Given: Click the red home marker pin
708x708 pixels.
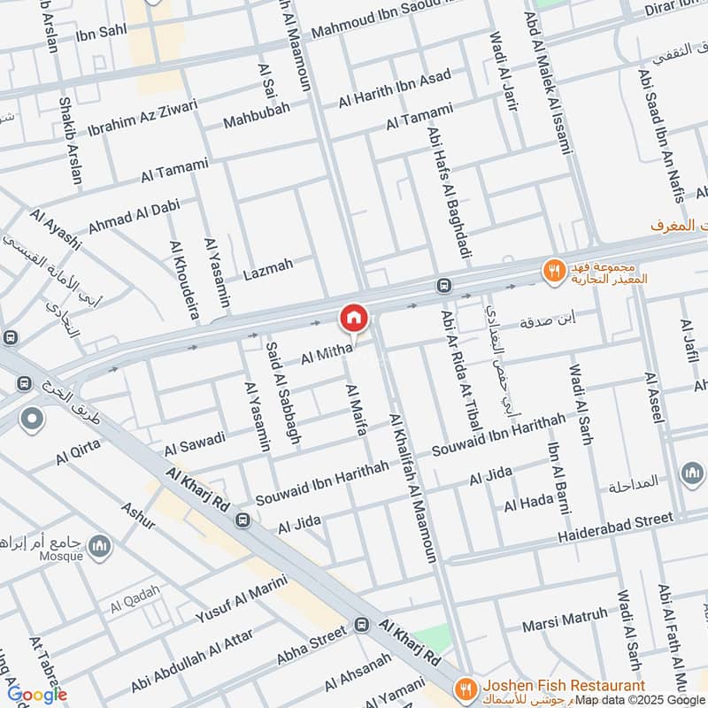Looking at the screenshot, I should (353, 318).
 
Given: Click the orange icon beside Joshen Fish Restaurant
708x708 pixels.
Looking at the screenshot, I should (463, 688).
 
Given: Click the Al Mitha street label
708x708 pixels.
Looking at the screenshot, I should (327, 355).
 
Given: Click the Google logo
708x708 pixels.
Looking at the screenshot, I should (37, 695).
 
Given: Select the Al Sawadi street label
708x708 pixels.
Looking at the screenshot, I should (195, 444).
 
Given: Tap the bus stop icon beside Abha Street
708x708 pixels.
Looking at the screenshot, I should (361, 626).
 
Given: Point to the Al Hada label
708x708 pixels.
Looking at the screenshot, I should (528, 503).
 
